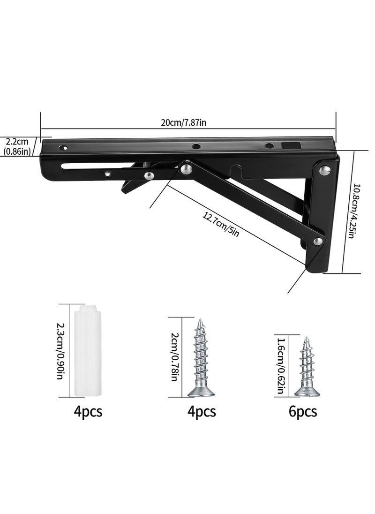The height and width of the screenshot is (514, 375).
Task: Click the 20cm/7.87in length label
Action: tap(184, 122)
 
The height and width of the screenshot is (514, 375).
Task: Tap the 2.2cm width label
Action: tap(17, 141)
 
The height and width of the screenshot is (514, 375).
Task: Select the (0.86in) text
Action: tap(17, 151)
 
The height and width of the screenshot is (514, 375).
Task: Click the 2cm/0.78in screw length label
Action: tap(174, 356)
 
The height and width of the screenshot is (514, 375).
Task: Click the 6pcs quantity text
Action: tap(303, 411)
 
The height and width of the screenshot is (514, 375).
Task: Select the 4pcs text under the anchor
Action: tap(88, 411)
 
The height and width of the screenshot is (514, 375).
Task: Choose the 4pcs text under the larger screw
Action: tap(202, 411)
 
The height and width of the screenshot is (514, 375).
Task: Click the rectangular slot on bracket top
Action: tap(289, 146)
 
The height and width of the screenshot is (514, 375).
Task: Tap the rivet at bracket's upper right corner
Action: tap(323, 171)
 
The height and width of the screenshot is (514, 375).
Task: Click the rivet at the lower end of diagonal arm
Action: tap(318, 242)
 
